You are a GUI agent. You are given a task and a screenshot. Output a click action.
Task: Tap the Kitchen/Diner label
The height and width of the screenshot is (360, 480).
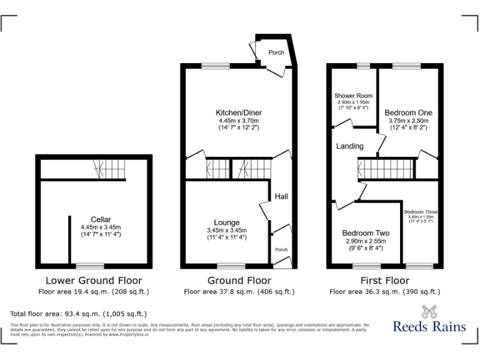click(238, 112)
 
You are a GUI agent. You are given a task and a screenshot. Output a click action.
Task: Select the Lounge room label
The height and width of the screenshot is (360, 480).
click(226, 222)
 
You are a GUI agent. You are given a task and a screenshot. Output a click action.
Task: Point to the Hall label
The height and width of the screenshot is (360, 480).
click(281, 197)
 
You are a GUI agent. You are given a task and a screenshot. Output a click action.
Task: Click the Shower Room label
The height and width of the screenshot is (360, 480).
click(353, 96)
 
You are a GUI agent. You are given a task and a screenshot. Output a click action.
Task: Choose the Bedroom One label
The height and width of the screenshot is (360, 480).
click(409, 113)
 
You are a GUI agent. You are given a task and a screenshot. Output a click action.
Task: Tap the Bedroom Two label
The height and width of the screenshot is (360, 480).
click(366, 233)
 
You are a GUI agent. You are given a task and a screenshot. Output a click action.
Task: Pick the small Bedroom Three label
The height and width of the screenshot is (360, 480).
click(421, 212)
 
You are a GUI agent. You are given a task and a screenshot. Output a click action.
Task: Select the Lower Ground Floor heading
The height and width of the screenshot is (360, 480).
click(94, 281)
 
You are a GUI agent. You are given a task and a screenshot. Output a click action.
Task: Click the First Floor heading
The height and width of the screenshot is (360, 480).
click(384, 281)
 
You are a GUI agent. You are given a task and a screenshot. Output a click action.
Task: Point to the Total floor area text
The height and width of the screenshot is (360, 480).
click(79, 314)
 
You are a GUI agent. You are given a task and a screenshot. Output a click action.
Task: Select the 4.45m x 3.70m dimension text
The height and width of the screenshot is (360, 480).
click(238, 121)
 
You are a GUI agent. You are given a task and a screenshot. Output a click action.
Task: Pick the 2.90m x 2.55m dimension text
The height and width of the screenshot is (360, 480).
click(366, 241)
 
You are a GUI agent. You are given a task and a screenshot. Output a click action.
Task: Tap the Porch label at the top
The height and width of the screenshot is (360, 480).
click(276, 52)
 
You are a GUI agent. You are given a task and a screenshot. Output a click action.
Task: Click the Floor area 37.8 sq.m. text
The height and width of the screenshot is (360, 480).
click(239, 292)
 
